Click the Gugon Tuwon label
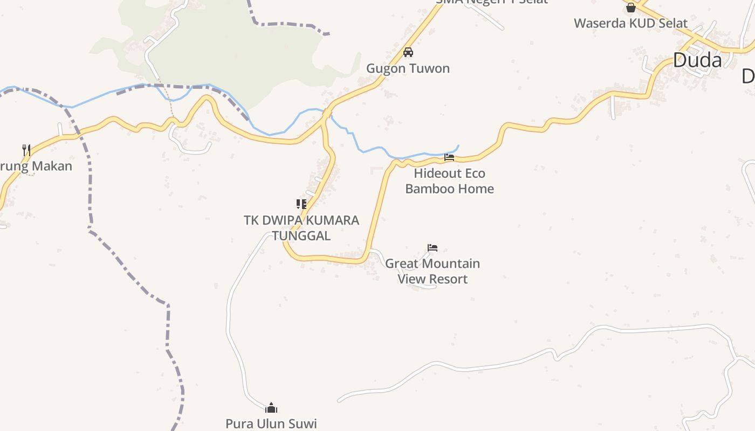[x=408, y=68]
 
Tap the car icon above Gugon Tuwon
[x=408, y=52]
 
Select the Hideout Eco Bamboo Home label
[x=449, y=181]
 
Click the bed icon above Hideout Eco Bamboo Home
[x=449, y=157]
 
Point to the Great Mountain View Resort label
[x=433, y=271]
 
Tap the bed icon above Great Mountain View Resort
[x=433, y=248]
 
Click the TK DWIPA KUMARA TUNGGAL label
[x=301, y=228]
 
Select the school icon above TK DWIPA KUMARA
[x=301, y=204]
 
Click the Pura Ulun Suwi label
[x=271, y=423]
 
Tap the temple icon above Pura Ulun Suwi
[x=271, y=407]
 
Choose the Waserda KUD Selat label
[x=630, y=23]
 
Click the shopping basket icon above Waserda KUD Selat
[x=630, y=8]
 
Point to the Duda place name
[x=697, y=60]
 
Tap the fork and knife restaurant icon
[x=26, y=149]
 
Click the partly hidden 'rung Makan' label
[x=36, y=166]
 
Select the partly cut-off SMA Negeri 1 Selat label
[x=491, y=2]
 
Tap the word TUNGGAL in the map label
[x=301, y=235]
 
